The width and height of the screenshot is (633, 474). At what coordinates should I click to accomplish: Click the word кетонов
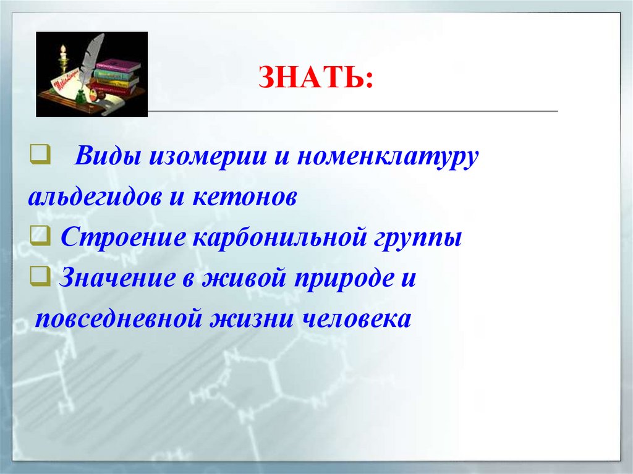coord(246,198)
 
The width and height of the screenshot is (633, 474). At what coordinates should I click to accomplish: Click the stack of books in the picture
coord(116,77)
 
